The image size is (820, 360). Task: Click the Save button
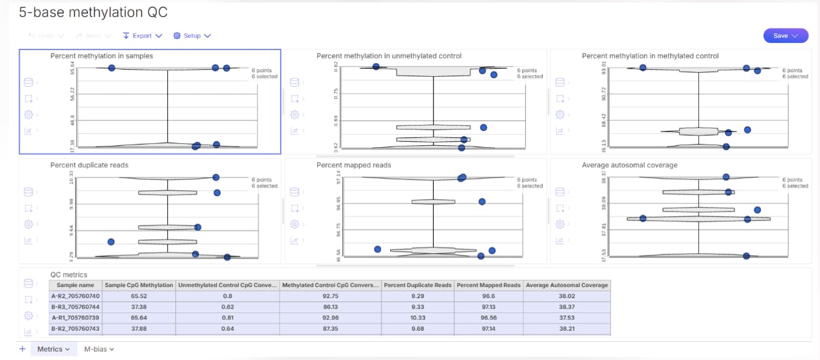point(785,36)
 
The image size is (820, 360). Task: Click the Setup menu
point(192,36)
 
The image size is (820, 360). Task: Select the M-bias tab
point(99,350)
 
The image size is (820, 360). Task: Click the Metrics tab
point(53,350)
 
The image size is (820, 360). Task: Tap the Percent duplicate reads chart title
point(89,165)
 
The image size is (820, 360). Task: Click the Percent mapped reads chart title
point(354,165)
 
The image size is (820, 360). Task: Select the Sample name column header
point(76,285)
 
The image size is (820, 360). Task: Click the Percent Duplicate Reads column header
point(417,285)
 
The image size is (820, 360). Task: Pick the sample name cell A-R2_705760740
point(76,296)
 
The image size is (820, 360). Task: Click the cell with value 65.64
point(139,318)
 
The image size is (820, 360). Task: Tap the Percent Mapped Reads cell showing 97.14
point(488,329)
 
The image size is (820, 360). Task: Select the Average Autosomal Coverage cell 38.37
point(567,307)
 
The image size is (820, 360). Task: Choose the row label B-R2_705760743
point(76,329)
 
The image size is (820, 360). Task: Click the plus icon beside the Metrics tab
point(22,350)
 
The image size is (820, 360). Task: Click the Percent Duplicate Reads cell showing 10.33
point(417,318)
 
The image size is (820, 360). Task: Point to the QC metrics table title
point(68,275)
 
